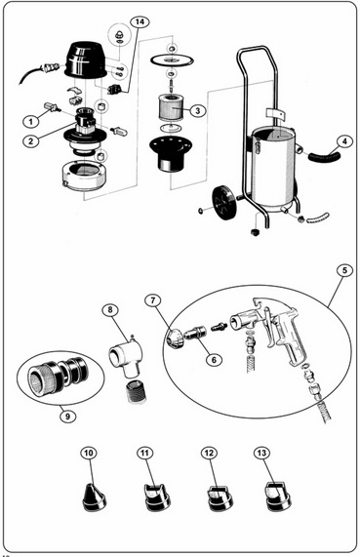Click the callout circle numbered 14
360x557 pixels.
pyautogui.click(x=140, y=22)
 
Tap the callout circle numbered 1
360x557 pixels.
pyautogui.click(x=31, y=122)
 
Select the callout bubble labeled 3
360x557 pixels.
pyautogui.click(x=198, y=111)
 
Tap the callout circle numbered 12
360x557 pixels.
pyautogui.click(x=210, y=453)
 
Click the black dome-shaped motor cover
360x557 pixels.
pyautogui.click(x=86, y=60)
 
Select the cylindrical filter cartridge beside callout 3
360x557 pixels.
pyautogui.click(x=170, y=106)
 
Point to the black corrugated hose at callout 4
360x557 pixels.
pyautogui.click(x=325, y=155)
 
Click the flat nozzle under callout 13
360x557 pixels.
pyautogui.click(x=278, y=496)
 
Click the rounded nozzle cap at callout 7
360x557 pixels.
pyautogui.click(x=175, y=338)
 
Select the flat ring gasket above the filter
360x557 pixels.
pyautogui.click(x=173, y=60)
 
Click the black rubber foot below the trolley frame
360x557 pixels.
pyautogui.click(x=255, y=232)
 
